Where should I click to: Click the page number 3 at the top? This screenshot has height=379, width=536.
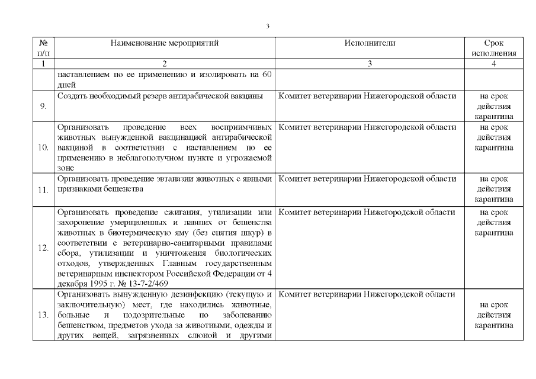pyautogui.click(x=268, y=26)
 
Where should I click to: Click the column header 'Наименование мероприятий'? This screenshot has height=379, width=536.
pyautogui.click(x=165, y=43)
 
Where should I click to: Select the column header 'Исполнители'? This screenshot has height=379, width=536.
pyautogui.click(x=369, y=43)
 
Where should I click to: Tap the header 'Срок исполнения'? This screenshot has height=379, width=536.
pyautogui.click(x=493, y=48)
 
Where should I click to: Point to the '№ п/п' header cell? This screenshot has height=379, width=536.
pyautogui.click(x=43, y=48)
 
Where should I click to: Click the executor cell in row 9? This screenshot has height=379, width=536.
pyautogui.click(x=367, y=96)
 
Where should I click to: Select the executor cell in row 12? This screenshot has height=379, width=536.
pyautogui.click(x=367, y=212)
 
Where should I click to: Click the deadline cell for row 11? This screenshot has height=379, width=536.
pyautogui.click(x=493, y=189)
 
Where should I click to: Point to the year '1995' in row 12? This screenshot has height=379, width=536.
pyautogui.click(x=98, y=281)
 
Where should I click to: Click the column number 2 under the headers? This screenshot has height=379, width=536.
pyautogui.click(x=165, y=64)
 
